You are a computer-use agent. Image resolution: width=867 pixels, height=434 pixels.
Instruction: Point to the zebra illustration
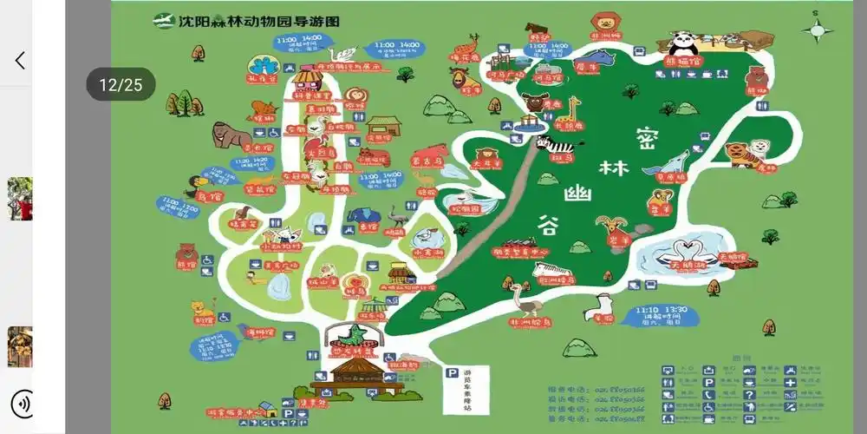[x=552, y=143]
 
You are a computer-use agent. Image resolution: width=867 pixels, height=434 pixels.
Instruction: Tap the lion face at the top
[x=604, y=21]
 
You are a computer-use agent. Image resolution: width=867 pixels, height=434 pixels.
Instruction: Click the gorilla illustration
[x=230, y=135]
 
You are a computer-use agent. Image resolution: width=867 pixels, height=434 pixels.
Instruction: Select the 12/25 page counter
[x=121, y=84]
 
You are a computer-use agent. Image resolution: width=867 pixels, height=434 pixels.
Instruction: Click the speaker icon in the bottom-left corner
[x=23, y=404]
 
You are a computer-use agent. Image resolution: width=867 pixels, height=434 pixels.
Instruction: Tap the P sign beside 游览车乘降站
[x=451, y=373]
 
